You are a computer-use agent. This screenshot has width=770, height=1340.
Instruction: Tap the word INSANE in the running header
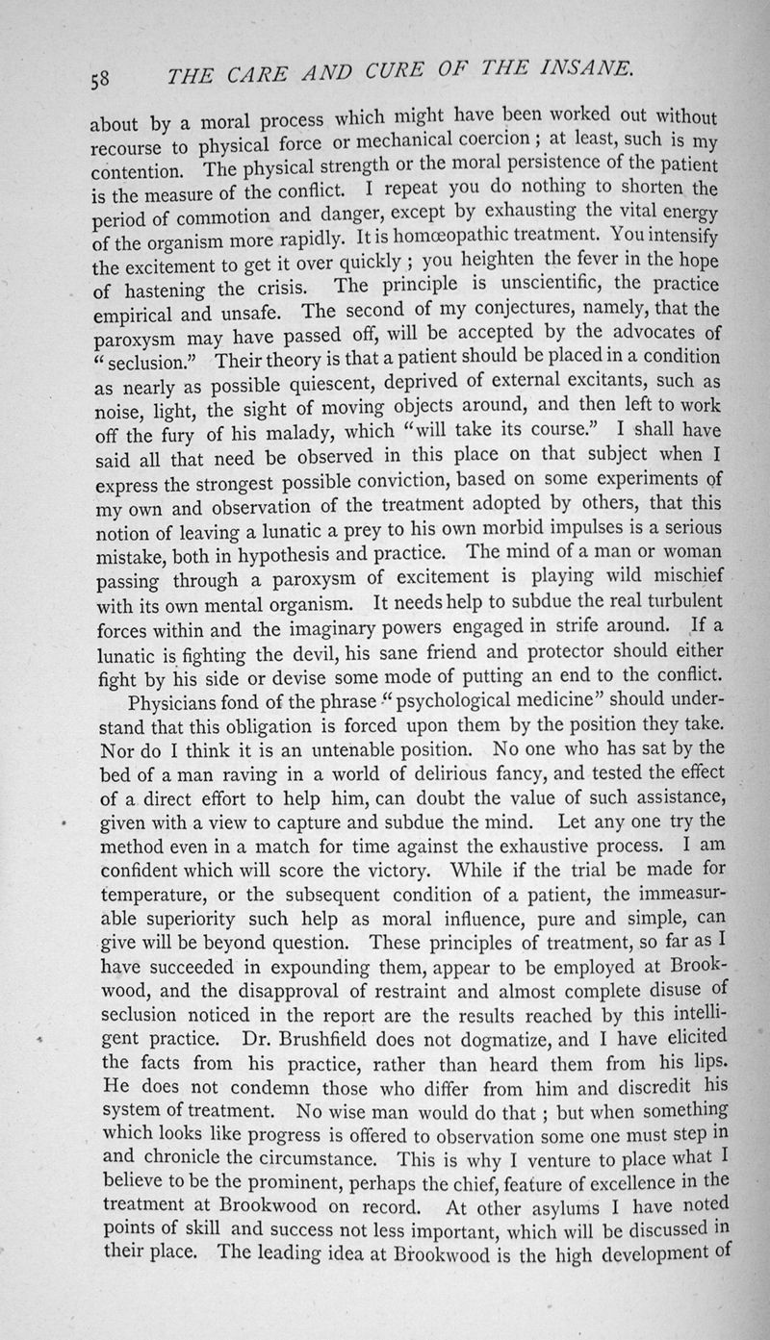pyautogui.click(x=586, y=67)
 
